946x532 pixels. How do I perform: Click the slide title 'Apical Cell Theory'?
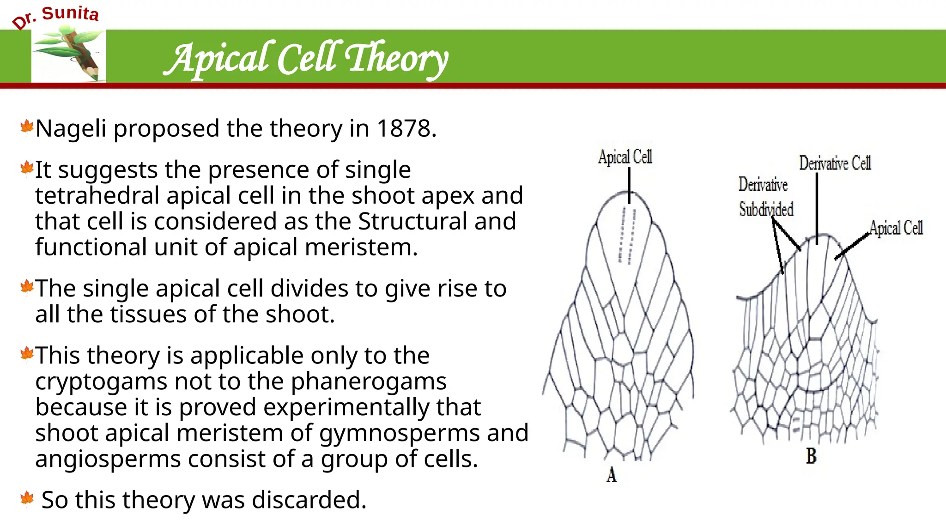point(306,58)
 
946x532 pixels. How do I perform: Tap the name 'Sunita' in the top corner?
point(70,13)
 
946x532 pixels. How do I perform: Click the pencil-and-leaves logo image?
point(69,54)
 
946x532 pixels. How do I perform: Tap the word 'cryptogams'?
point(101,381)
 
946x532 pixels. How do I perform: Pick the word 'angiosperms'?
point(108,459)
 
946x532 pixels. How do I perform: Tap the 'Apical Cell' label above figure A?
point(625,157)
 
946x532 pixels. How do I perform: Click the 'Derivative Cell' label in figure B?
point(835,163)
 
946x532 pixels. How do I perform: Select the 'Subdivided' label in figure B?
point(766,209)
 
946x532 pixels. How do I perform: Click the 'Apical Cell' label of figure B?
point(896,228)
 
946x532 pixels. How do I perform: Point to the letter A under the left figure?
point(612,475)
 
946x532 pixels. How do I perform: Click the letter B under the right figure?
point(811,456)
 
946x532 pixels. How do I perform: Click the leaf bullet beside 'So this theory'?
point(27,499)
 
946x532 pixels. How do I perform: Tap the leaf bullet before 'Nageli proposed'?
point(27,127)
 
